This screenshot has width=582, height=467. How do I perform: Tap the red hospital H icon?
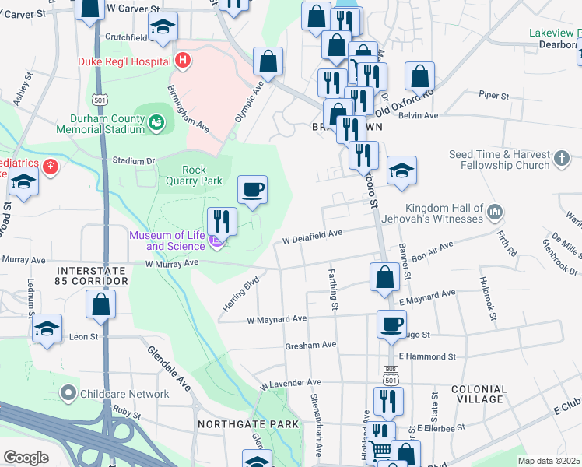[x=182, y=59]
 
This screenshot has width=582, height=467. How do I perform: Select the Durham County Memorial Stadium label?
[x=103, y=124]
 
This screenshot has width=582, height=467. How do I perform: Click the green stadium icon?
[x=156, y=122]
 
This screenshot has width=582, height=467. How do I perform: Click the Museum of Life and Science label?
[x=168, y=241]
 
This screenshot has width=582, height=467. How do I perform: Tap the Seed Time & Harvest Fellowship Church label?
[x=499, y=160]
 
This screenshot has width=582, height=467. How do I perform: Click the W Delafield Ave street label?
[x=312, y=233]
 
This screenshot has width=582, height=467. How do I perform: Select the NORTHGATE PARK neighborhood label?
[x=248, y=424]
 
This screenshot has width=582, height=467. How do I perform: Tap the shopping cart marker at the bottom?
[x=380, y=450]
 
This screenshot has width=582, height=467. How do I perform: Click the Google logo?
[x=26, y=457]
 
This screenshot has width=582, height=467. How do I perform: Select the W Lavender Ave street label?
[x=291, y=383]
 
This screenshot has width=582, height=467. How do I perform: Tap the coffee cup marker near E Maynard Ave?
[x=391, y=323]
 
